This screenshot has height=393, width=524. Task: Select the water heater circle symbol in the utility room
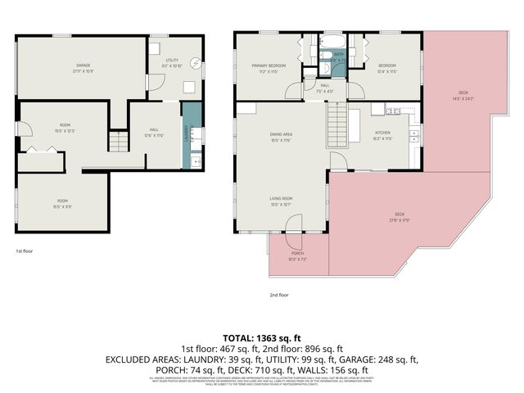(195, 64)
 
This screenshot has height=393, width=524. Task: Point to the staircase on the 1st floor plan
(120, 142)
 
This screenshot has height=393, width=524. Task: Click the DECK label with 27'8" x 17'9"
(400, 215)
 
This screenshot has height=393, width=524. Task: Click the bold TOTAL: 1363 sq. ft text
(262, 337)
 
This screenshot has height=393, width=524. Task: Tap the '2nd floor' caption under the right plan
(279, 295)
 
